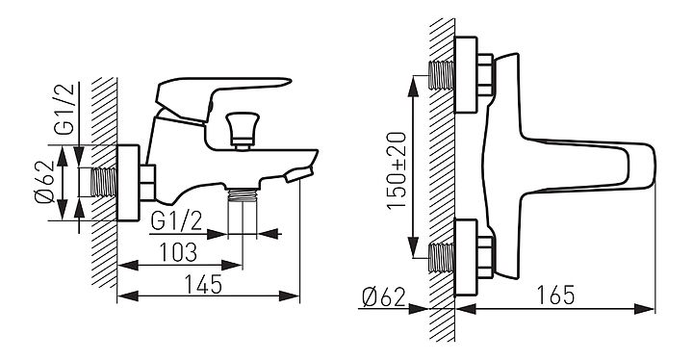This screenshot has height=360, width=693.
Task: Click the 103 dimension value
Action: click(x=178, y=252)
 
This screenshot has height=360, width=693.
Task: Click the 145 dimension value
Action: click(x=203, y=284)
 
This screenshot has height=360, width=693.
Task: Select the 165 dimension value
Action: click(x=556, y=295)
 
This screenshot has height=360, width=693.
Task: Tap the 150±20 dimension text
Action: click(x=397, y=170)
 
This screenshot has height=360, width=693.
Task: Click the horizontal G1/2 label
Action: click(x=176, y=221)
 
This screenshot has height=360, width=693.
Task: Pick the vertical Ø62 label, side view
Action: click(x=44, y=182)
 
